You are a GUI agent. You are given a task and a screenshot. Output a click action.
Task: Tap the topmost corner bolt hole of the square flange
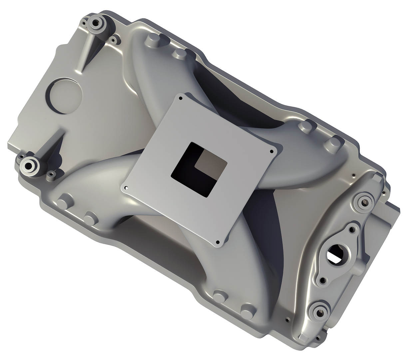(181, 98)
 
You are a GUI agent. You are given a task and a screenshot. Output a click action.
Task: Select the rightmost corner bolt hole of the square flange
(271, 151)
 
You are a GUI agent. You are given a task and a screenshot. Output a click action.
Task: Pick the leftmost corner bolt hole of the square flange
(126, 188)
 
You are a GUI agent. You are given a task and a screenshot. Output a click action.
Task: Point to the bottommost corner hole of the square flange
(217, 242)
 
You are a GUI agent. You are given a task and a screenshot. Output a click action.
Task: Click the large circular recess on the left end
(65, 95)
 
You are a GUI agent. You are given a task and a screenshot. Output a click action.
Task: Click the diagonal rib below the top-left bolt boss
(87, 50)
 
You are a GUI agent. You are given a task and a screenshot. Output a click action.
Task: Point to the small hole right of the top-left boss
(113, 41)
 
